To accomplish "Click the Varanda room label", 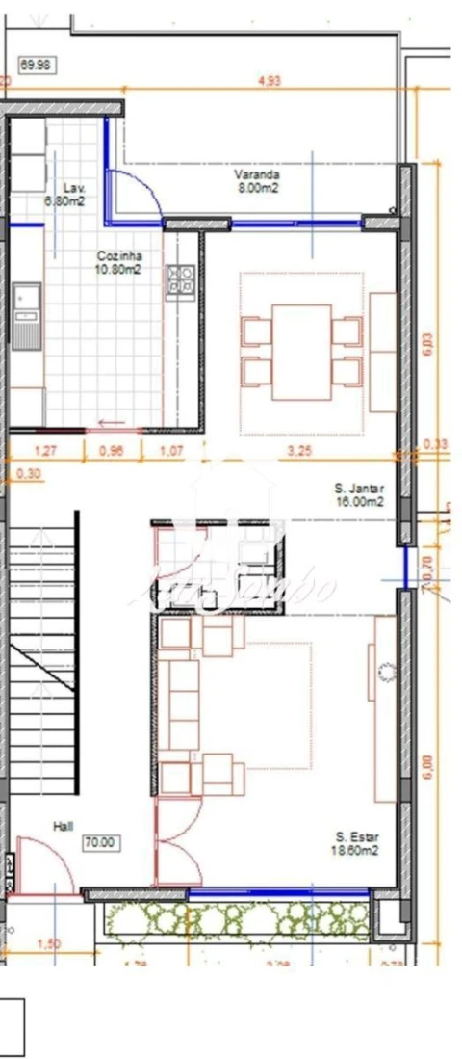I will point(257,175).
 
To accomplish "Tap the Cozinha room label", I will point(119,256).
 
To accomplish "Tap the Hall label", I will point(63,826).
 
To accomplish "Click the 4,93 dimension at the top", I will point(269,82).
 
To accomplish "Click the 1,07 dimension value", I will point(171,450).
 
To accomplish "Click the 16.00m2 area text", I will point(360,501).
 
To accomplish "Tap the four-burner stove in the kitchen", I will point(180,279).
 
